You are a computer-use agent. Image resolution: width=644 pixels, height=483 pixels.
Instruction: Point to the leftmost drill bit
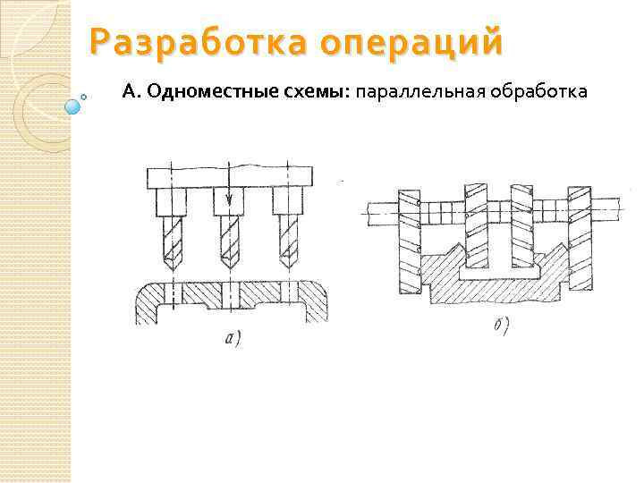[x=170, y=241]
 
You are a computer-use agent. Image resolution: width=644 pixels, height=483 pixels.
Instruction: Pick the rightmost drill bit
[x=288, y=241]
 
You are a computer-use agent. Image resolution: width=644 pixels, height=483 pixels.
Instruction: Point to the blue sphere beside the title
[x=73, y=106]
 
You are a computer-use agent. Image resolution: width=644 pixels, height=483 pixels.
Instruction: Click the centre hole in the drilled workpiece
[x=230, y=293]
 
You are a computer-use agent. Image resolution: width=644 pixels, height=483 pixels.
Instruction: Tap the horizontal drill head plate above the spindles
[x=230, y=176]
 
